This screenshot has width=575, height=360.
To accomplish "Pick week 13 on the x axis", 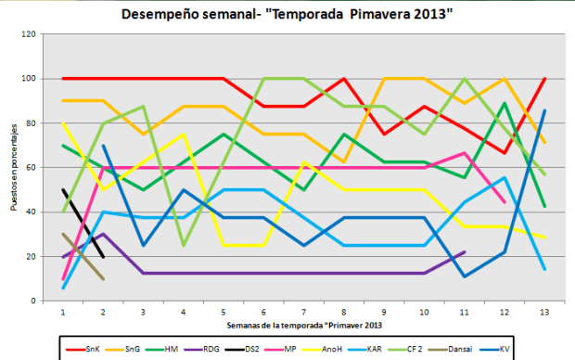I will pyautogui.click(x=543, y=313).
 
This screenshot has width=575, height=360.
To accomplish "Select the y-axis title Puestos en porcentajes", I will pyautogui.click(x=12, y=167).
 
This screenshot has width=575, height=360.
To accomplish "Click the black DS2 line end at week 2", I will pyautogui.click(x=102, y=257).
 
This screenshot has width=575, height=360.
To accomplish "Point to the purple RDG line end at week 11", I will pyautogui.click(x=463, y=252).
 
